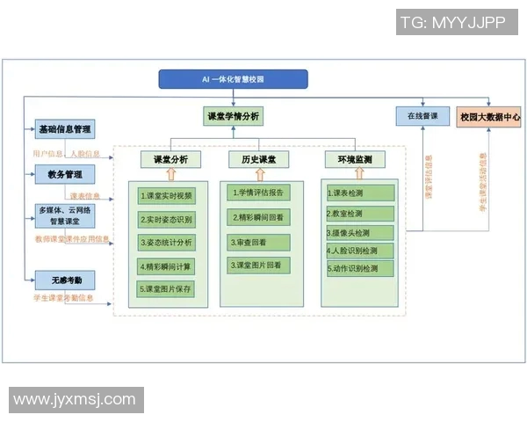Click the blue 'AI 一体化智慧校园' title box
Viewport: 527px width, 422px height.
tap(233, 80)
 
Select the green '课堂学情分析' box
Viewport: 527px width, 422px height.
tap(232, 116)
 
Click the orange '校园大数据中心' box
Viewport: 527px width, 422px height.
tap(489, 116)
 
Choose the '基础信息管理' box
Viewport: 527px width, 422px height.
tap(64, 129)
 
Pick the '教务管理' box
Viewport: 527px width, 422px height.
tap(64, 174)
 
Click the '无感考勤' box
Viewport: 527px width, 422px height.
tap(64, 280)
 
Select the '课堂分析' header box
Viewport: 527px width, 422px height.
tap(170, 159)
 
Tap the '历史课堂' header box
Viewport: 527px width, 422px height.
tap(258, 159)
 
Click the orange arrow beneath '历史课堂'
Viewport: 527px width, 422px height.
tap(258, 174)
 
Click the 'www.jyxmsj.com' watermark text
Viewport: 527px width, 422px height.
tap(75, 399)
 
